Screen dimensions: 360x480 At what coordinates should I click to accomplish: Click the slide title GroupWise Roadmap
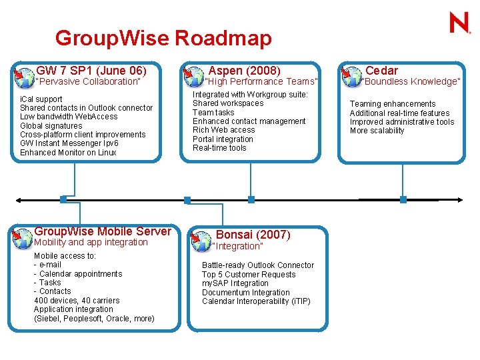[x=163, y=38]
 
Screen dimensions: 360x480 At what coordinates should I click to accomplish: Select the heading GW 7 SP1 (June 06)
[x=91, y=70]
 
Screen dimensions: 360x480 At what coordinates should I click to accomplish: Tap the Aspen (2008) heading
[x=245, y=70]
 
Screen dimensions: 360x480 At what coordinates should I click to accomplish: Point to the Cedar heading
[x=381, y=70]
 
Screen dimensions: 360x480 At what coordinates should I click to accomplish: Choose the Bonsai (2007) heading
[x=253, y=235]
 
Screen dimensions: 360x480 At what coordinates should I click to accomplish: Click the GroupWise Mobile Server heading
[x=103, y=231]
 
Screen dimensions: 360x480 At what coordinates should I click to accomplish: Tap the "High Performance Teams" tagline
[x=261, y=81]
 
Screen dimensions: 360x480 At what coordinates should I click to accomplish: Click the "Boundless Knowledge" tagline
[x=411, y=81]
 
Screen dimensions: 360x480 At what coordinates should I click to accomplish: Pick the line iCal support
[x=41, y=99]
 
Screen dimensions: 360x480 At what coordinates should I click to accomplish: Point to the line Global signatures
[x=51, y=125]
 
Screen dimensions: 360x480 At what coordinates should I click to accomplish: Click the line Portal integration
[x=223, y=139]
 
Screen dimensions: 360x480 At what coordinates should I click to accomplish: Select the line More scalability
[x=377, y=131]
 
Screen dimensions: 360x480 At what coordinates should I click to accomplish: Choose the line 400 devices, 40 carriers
[x=77, y=300]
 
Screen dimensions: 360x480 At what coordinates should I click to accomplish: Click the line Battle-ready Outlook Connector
[x=258, y=265]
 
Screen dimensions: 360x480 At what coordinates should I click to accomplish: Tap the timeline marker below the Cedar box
[x=403, y=199]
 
